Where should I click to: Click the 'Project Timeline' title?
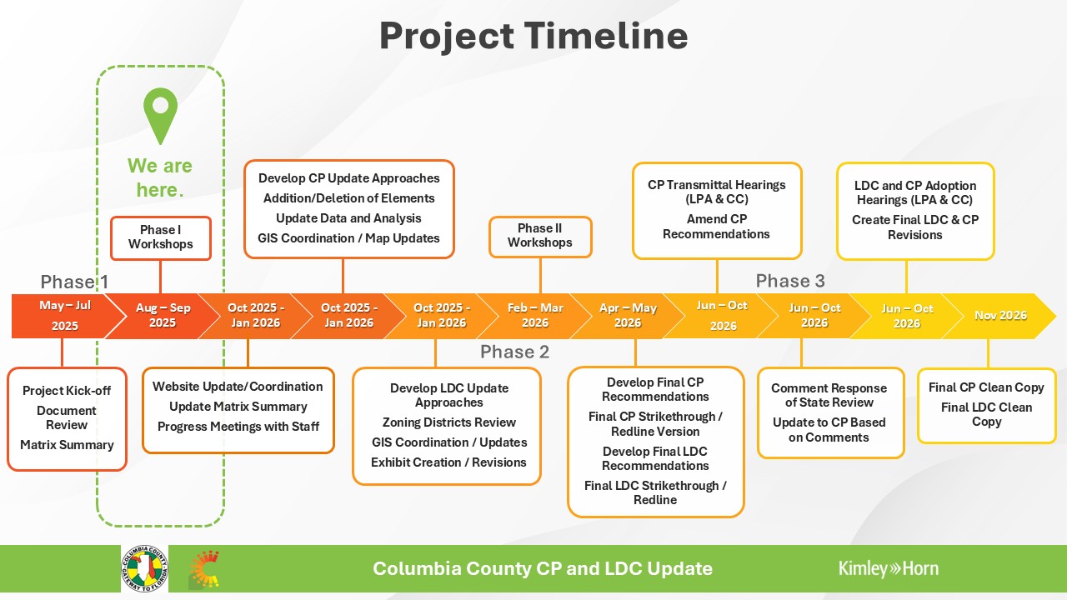[533, 36]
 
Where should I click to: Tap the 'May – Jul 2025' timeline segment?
[65, 316]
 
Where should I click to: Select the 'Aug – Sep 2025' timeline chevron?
[163, 316]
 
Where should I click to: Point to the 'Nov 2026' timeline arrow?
[1000, 316]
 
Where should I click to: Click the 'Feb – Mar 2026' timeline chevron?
[535, 316]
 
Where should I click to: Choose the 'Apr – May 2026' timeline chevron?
[628, 316]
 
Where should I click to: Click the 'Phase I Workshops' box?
[161, 238]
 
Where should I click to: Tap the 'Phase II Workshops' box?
[540, 237]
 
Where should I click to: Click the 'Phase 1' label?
[74, 282]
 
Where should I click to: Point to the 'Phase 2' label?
[514, 352]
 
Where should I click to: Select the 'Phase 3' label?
[790, 281]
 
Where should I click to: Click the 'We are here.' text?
[160, 177]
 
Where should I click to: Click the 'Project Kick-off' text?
[67, 391]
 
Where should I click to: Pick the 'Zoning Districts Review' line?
[448, 422]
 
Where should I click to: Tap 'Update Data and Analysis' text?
[348, 218]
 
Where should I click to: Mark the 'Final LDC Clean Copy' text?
[986, 414]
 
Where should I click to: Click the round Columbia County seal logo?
[144, 568]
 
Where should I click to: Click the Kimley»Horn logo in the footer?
[889, 568]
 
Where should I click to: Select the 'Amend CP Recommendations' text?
[716, 226]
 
